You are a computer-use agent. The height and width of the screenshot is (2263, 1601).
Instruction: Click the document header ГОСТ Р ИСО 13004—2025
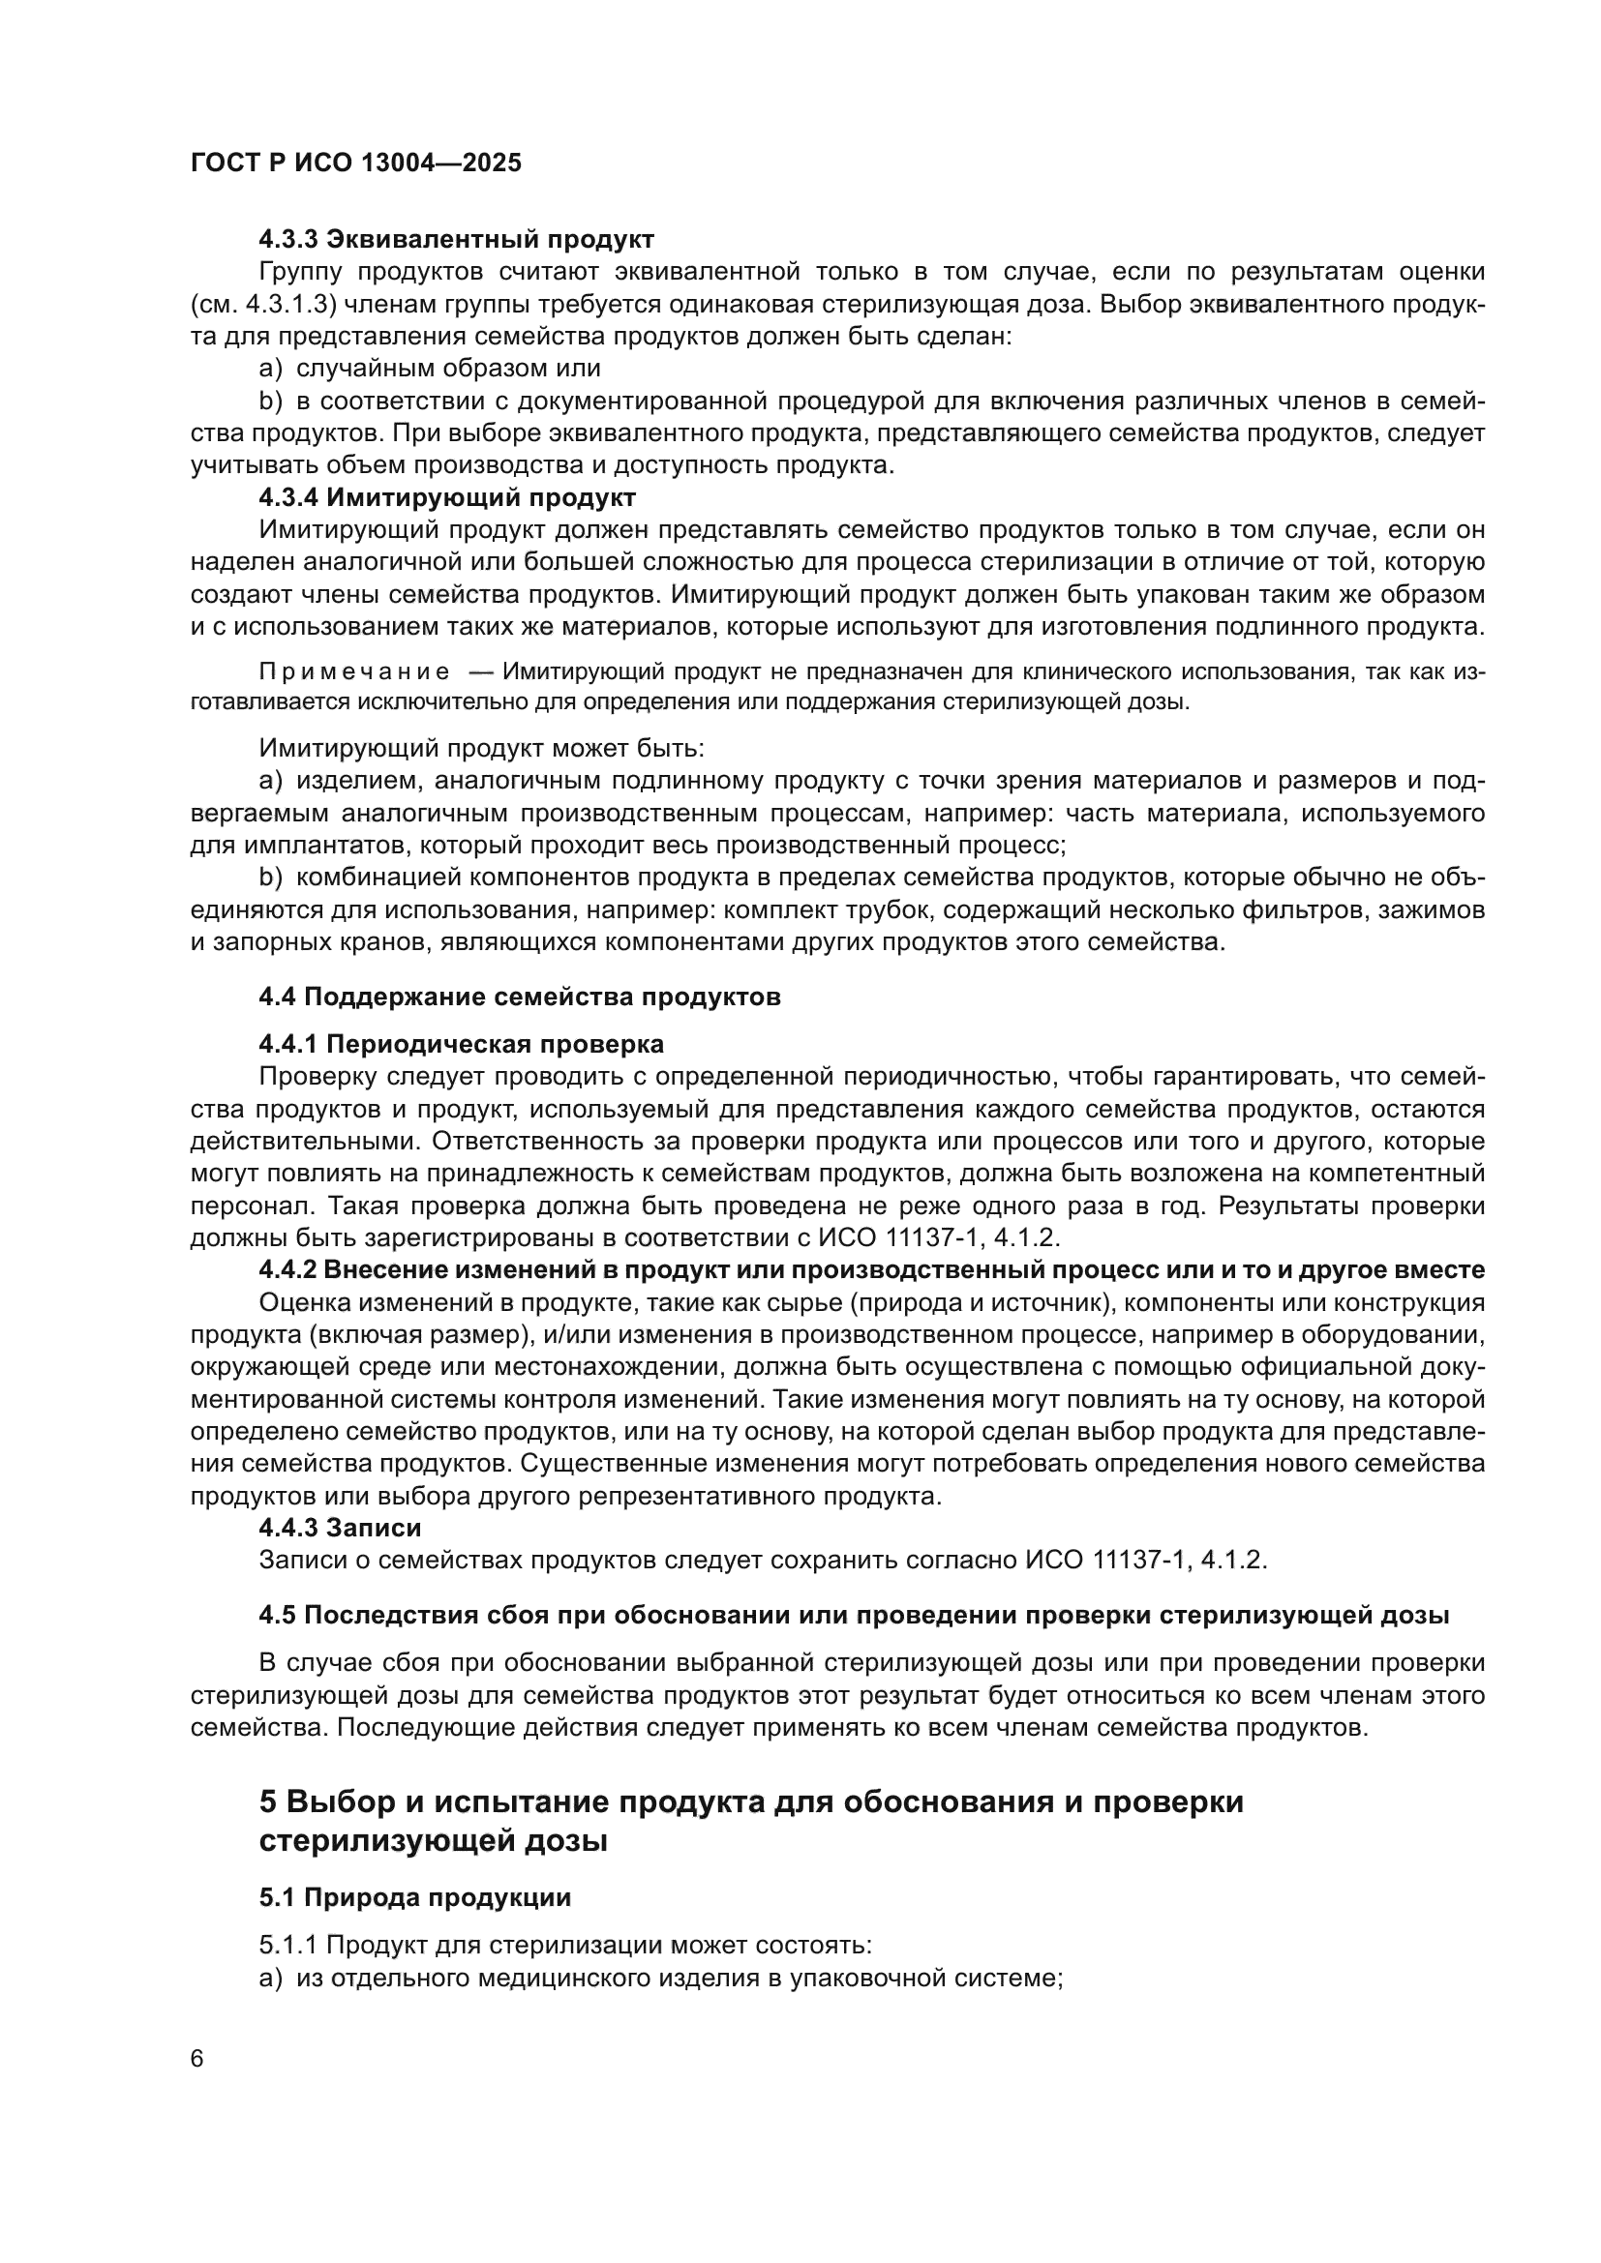coord(356,163)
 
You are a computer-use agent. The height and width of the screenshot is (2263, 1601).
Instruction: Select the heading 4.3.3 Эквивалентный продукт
coord(457,239)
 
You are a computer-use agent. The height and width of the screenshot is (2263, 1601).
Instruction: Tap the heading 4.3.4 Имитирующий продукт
coord(447,496)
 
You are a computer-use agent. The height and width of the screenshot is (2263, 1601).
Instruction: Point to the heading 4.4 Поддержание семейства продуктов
coord(520,997)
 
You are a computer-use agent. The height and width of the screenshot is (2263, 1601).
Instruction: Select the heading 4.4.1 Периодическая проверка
coord(462,1044)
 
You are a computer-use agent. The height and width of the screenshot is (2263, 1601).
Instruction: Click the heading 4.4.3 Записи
coord(340,1528)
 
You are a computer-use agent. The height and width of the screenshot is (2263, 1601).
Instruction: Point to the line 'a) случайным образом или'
coord(430,369)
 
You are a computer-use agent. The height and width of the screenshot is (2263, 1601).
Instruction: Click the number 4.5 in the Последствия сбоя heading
coord(277,1616)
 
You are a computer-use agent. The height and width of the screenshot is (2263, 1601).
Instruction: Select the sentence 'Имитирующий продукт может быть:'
coord(482,748)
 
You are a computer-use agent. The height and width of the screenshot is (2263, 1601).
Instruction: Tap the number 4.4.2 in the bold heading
coord(287,1270)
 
